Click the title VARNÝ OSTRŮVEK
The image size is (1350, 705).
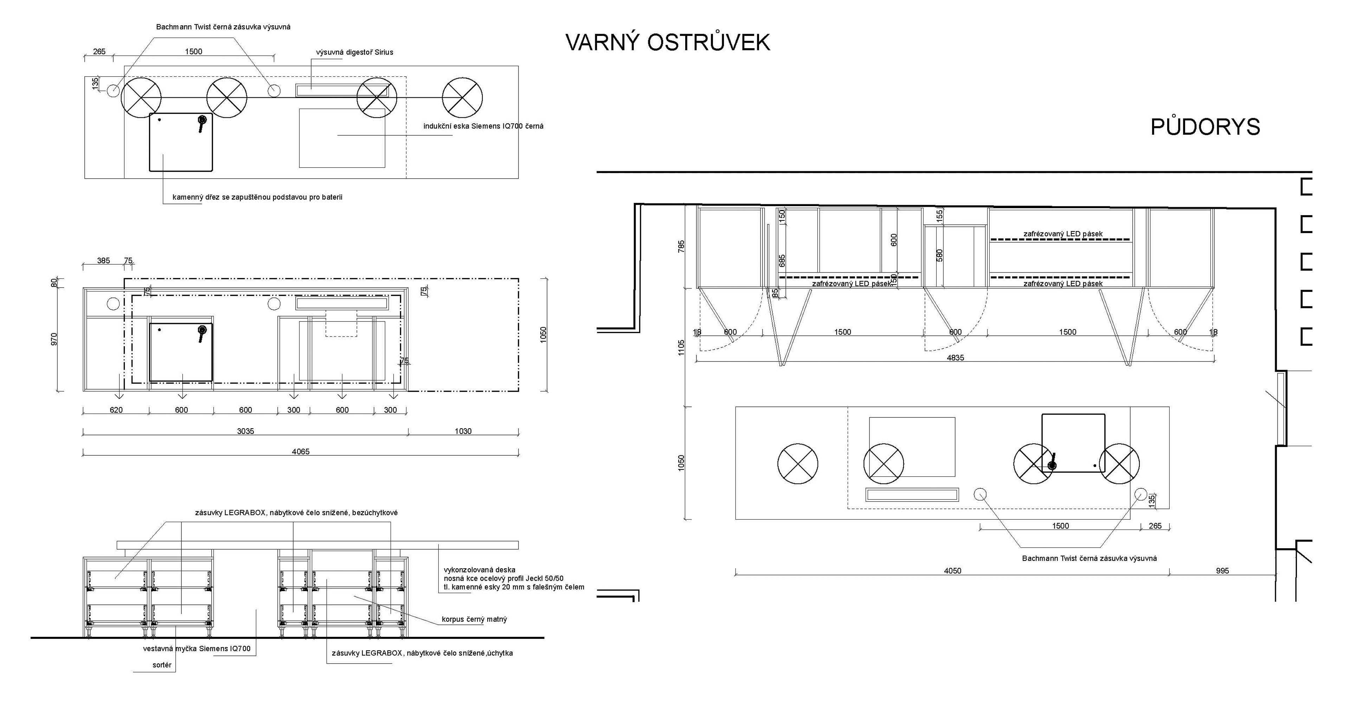(668, 43)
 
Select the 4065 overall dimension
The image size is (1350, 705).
(301, 451)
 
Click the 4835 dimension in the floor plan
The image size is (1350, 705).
(956, 358)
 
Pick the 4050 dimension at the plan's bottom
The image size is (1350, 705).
(953, 571)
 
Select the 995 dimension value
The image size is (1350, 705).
(1222, 571)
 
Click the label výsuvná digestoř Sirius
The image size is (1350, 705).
(354, 52)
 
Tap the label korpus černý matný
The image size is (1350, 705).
(474, 619)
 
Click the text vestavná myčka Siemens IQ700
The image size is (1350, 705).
(197, 648)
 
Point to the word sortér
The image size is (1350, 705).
(162, 665)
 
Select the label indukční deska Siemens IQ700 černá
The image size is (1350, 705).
(483, 126)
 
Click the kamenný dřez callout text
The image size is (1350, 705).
(257, 198)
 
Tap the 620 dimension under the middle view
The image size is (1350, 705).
(116, 410)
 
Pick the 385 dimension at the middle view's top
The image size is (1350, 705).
(103, 261)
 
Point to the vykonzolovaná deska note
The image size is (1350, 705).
(514, 578)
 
